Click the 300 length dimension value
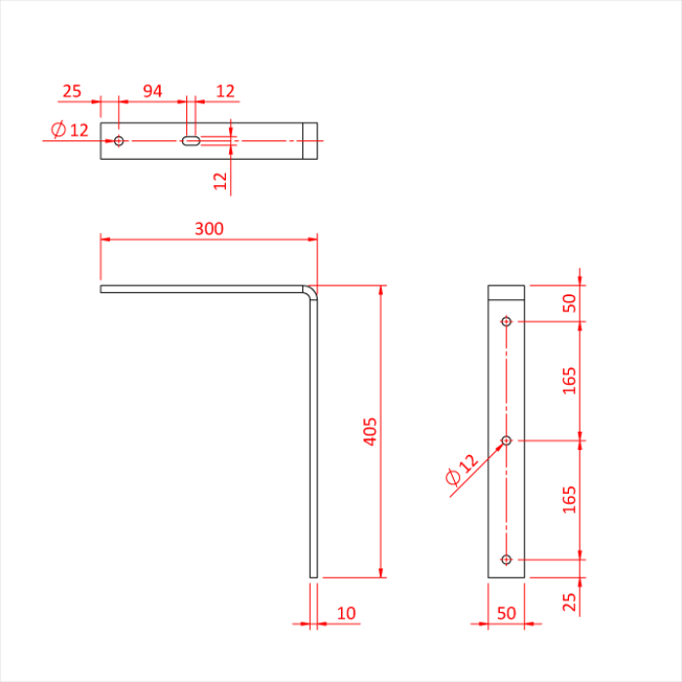[208, 229]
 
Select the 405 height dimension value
[370, 432]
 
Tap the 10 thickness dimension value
[346, 613]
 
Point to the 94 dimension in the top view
[153, 91]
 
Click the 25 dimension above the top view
[71, 91]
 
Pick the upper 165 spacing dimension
[570, 380]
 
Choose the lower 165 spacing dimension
[570, 499]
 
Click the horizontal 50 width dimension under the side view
[506, 613]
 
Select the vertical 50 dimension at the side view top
[570, 303]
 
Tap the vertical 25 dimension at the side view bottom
[570, 602]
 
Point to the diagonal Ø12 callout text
[461, 470]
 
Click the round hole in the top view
[119, 141]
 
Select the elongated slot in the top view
[191, 141]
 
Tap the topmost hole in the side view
[506, 321]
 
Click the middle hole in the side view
[506, 440]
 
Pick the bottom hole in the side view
[506, 559]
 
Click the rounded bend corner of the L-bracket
[311, 291]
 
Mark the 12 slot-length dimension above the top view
[225, 91]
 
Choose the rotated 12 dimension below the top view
[220, 179]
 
